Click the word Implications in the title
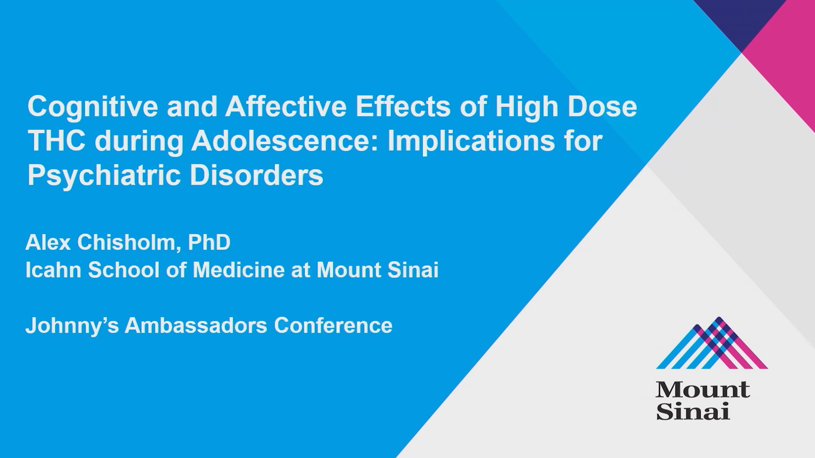coord(471,141)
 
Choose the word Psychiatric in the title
coord(104,175)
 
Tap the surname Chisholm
coord(126,243)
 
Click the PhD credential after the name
coord(209,243)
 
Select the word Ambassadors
coord(196,326)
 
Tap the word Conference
coord(333,326)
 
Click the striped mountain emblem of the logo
coord(712,343)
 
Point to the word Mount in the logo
coord(703,390)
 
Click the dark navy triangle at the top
coord(741,17)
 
